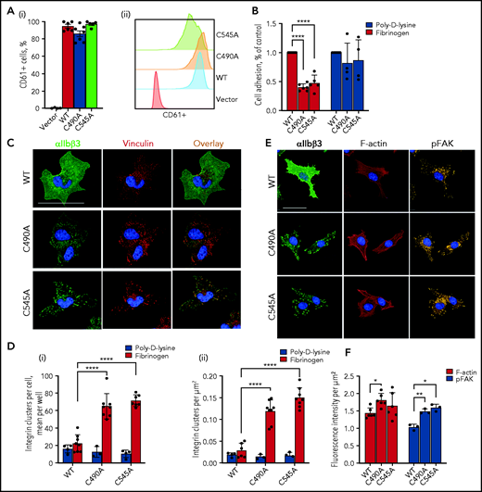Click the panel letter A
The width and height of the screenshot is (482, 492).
tap(8, 9)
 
